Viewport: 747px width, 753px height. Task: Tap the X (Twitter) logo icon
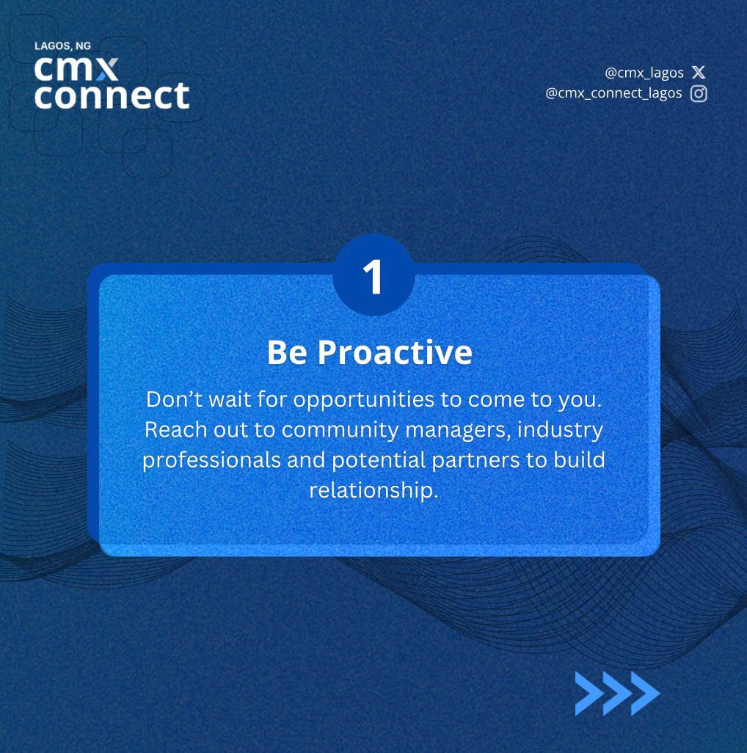coord(699,72)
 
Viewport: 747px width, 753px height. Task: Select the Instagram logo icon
coord(699,93)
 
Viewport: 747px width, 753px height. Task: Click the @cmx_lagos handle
coord(644,73)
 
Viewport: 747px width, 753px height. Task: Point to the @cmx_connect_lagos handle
coord(613,93)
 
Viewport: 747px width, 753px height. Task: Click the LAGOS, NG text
coord(62,46)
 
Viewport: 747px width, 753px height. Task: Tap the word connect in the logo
coord(112,95)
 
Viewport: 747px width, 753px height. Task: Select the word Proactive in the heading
coord(395,353)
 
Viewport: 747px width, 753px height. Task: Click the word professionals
coord(212,460)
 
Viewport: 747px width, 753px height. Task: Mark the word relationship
coord(373,490)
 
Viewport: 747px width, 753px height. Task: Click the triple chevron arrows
coord(617,693)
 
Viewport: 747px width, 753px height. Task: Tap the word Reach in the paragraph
coord(175,429)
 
